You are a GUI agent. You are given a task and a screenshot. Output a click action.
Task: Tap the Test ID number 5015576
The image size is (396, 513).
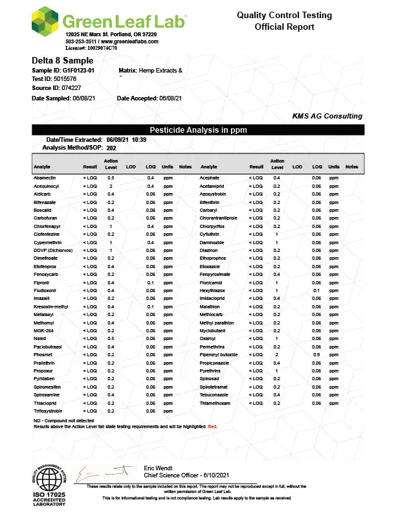point(65,78)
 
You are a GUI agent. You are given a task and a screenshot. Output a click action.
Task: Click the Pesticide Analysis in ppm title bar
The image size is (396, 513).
point(198,130)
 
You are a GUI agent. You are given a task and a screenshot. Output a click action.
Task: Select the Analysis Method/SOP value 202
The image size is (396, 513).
point(111,148)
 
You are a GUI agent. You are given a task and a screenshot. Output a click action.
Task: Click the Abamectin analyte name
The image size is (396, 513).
point(45,177)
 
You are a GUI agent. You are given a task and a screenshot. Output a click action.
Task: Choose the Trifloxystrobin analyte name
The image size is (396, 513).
point(48,411)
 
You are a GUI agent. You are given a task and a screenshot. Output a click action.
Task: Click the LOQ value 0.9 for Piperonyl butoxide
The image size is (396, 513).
point(316,355)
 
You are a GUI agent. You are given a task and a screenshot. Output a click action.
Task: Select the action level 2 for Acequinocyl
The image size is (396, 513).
point(111,186)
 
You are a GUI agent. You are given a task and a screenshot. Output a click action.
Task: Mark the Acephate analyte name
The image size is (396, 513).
point(210,177)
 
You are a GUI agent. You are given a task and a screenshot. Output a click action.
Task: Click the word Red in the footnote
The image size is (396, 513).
point(212,427)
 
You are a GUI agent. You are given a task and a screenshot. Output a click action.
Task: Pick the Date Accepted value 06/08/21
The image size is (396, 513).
point(170,98)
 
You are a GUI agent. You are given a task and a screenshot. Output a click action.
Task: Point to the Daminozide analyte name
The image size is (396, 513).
point(212,242)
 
